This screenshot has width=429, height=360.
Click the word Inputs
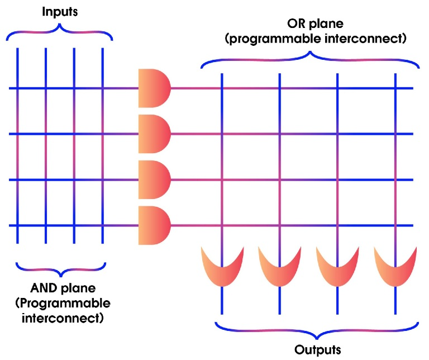[x=60, y=11]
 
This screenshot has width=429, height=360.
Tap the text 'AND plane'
[x=63, y=289]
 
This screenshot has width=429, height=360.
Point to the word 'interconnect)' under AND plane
[x=63, y=319]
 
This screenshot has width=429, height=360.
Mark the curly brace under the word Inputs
[x=60, y=34]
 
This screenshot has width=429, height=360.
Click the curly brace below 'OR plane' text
[x=310, y=60]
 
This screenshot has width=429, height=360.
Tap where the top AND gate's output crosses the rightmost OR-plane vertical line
[x=395, y=88]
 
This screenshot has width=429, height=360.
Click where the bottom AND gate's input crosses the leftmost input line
[x=18, y=226]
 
